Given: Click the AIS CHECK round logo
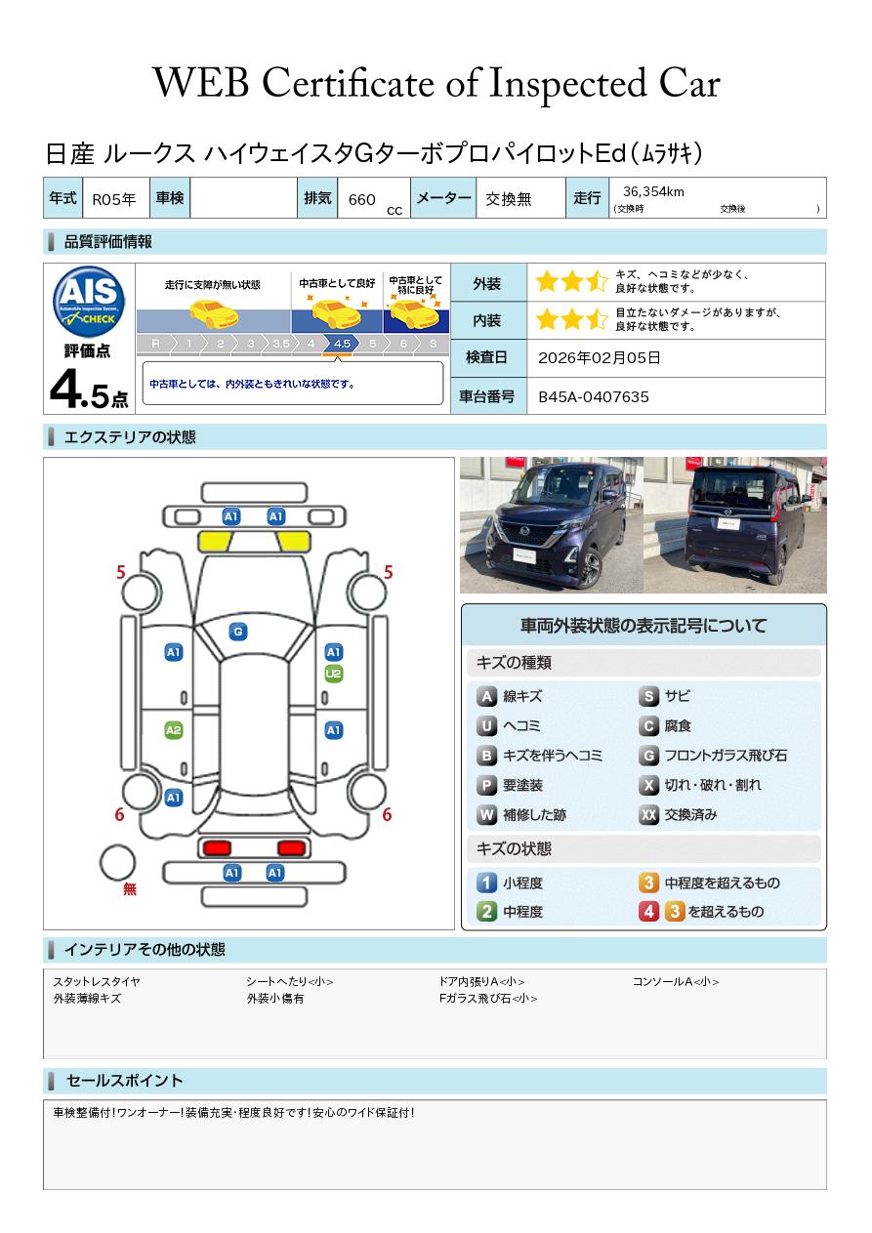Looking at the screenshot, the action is (x=89, y=302).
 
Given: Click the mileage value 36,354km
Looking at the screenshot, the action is (x=653, y=191).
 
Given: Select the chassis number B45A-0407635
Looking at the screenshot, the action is (x=594, y=397).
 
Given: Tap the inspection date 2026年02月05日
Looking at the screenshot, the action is (x=599, y=357).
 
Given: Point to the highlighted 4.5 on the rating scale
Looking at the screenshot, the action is (x=342, y=344).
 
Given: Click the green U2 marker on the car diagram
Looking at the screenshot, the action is (x=334, y=674).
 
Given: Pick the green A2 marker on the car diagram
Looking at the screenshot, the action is (x=174, y=730).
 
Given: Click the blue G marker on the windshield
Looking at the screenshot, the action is (x=238, y=632).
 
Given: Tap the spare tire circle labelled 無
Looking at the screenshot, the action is (x=117, y=863).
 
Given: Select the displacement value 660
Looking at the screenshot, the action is (x=361, y=200).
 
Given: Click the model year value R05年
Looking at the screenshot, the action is (x=114, y=199).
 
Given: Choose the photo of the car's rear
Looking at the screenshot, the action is (x=735, y=525).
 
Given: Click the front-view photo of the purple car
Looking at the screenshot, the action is (x=552, y=525).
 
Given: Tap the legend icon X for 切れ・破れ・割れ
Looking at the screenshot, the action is (x=648, y=785).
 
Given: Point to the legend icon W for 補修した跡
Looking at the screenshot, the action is (x=486, y=814).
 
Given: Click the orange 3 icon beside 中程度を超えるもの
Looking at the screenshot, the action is (x=648, y=883).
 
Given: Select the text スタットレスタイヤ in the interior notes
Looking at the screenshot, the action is (x=97, y=982).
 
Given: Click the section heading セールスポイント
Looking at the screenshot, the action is (x=124, y=1081).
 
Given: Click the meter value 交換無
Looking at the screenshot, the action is (x=508, y=199).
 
